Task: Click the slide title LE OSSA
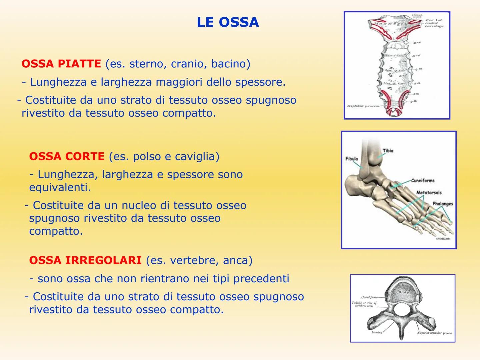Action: (228, 22)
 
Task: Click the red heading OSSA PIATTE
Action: (61, 64)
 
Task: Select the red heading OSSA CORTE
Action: (67, 156)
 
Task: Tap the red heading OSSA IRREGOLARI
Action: (85, 260)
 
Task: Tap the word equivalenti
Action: (60, 187)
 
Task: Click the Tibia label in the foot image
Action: (388, 151)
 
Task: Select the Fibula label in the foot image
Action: (352, 159)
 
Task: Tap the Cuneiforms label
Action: (423, 180)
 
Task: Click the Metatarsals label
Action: (429, 192)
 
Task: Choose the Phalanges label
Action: (443, 203)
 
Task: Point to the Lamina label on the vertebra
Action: (377, 332)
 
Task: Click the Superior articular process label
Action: (434, 333)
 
